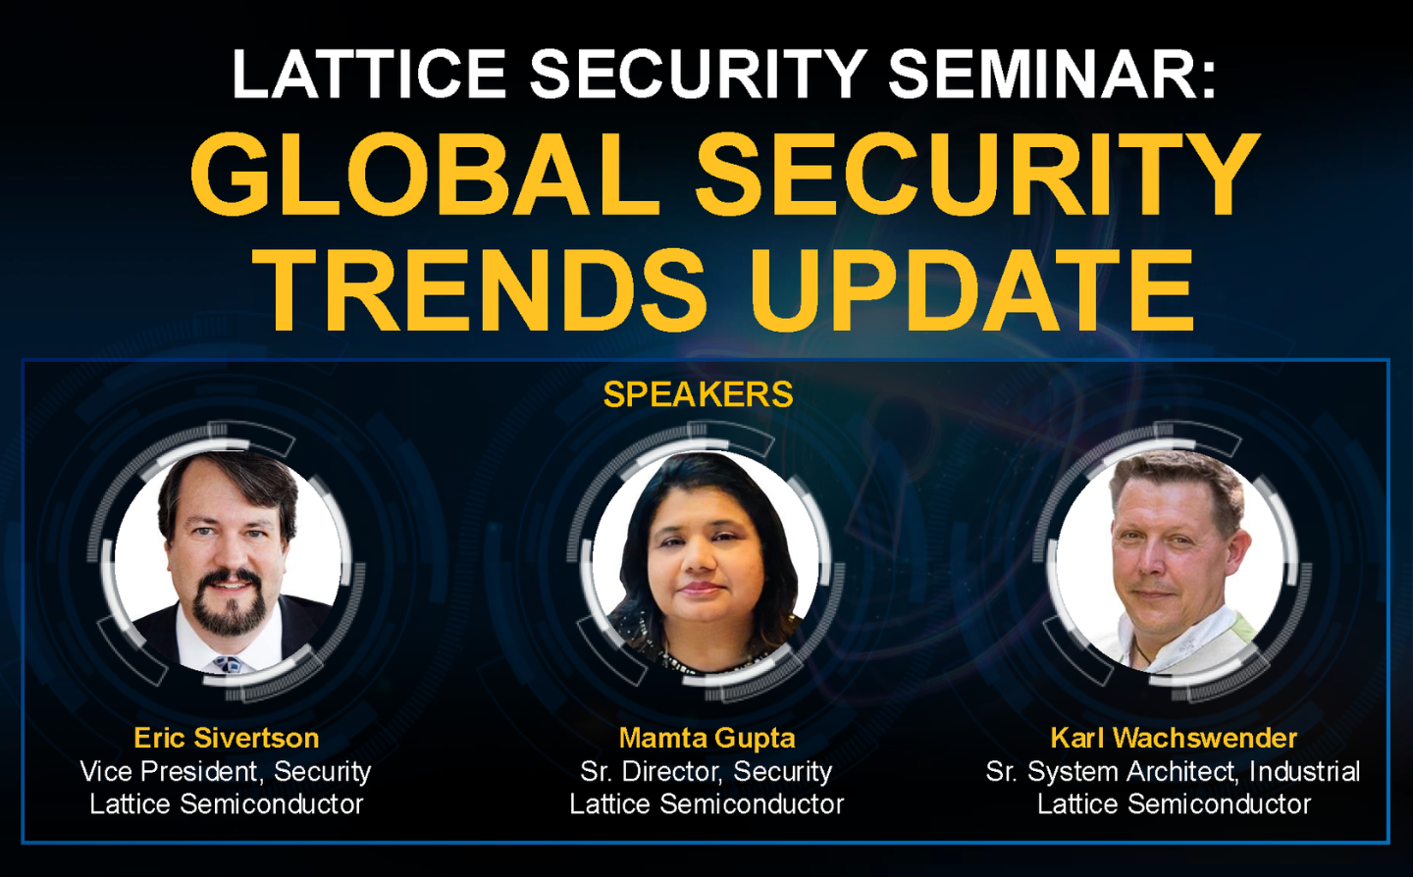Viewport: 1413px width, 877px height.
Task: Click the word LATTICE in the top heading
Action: pos(368,75)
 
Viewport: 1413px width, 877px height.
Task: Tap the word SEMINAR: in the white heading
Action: pos(1052,75)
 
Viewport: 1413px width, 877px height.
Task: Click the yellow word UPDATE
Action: pos(971,290)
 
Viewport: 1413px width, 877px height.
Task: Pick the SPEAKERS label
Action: pos(698,394)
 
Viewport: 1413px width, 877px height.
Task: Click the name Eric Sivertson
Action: pos(227,738)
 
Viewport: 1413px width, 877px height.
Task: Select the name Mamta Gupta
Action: pos(706,738)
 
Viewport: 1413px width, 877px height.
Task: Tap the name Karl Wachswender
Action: pos(1174,738)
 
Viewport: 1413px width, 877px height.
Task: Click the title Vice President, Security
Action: pos(226,771)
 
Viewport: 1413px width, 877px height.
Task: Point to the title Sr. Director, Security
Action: pos(706,771)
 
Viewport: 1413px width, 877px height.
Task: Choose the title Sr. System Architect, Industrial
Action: pos(1174,771)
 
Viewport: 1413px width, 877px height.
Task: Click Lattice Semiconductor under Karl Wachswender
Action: pos(1174,804)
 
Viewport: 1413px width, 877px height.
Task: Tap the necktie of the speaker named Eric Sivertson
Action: pos(229,664)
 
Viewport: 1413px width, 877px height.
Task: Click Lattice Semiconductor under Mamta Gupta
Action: pos(706,804)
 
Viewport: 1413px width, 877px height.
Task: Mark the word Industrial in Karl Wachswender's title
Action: pos(1304,771)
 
